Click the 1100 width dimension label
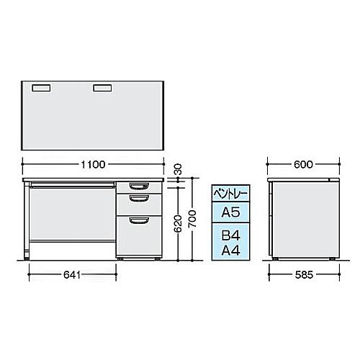pos(93,165)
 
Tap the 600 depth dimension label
pos(303,164)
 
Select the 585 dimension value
pos(304,275)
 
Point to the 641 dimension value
pos(72,275)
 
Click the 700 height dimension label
pos(192,219)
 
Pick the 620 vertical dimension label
pos(178,224)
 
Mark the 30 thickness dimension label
pos(178,169)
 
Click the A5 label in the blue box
pos(230,212)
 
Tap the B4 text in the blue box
pos(230,235)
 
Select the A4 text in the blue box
pos(230,251)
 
